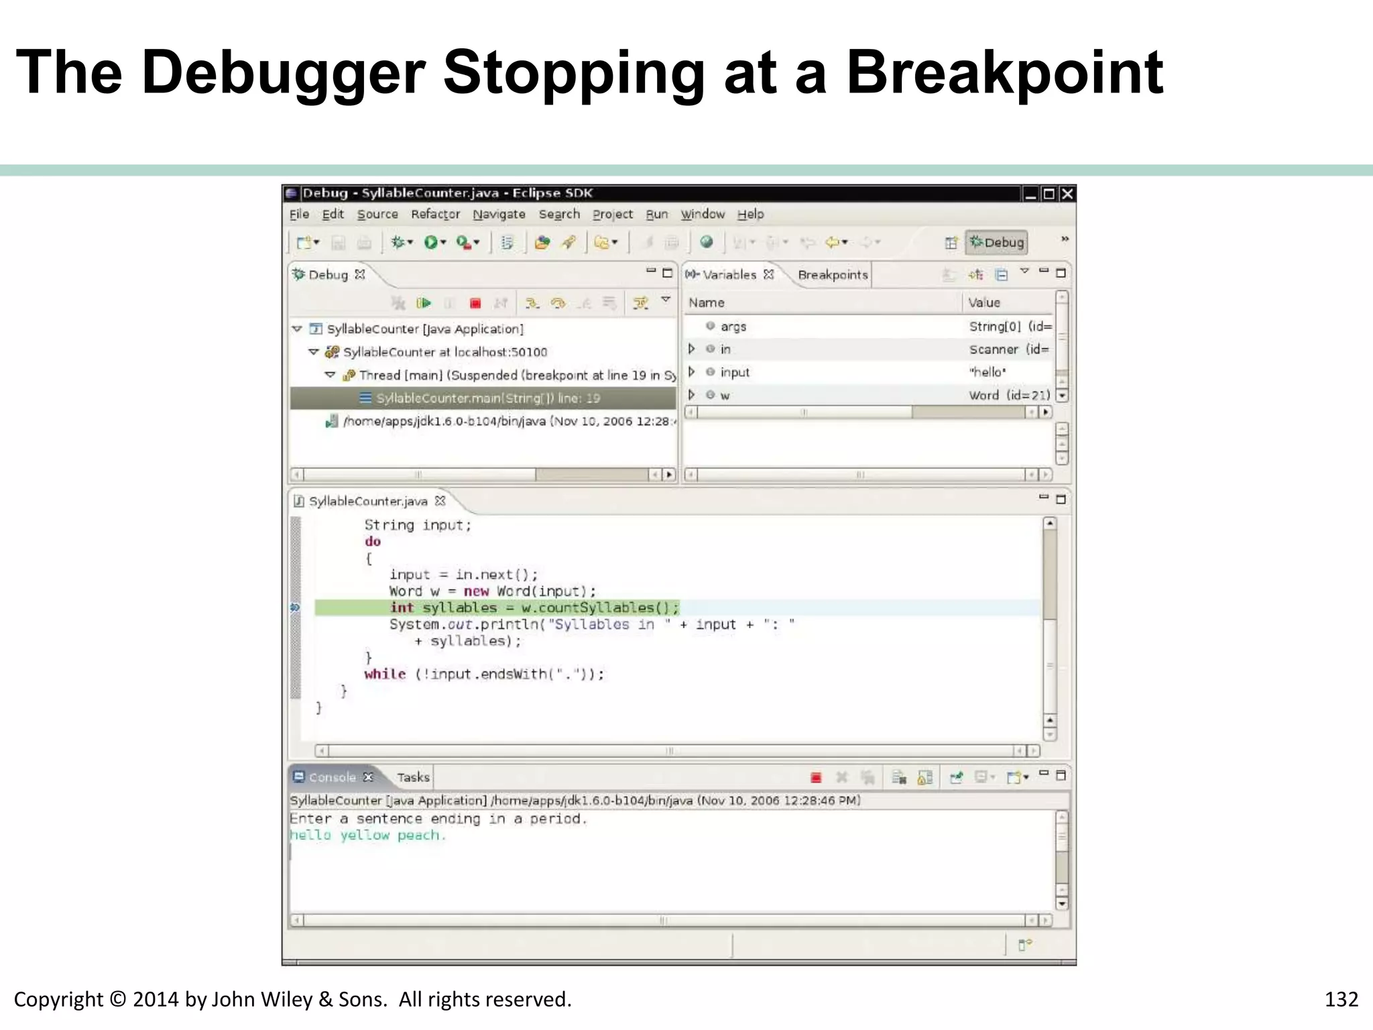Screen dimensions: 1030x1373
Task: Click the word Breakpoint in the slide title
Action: point(1004,72)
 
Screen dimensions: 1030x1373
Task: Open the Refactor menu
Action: point(435,214)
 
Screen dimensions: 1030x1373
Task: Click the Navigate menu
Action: point(499,214)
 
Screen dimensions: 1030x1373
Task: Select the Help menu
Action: point(750,214)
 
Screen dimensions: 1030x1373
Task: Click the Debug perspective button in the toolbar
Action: point(996,242)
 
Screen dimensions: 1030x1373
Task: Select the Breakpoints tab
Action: point(833,275)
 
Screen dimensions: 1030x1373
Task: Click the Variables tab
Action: point(729,275)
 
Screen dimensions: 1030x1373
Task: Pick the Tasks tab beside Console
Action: point(412,777)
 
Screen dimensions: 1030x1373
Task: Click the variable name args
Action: point(733,327)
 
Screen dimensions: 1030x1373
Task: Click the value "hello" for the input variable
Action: point(988,372)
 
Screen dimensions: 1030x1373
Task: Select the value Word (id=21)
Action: point(1009,395)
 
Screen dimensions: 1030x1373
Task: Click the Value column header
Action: point(983,302)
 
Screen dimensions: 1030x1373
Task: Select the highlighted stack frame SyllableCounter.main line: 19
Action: point(487,398)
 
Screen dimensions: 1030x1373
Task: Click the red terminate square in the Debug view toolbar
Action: point(475,304)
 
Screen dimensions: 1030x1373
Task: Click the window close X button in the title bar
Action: point(1067,194)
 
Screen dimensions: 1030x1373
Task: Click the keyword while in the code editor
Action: point(385,675)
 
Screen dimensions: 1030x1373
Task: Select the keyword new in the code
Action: point(476,591)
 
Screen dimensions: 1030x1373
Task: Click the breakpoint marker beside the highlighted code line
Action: point(295,608)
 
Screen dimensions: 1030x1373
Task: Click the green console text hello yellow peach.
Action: point(367,836)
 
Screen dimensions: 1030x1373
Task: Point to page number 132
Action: point(1341,999)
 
